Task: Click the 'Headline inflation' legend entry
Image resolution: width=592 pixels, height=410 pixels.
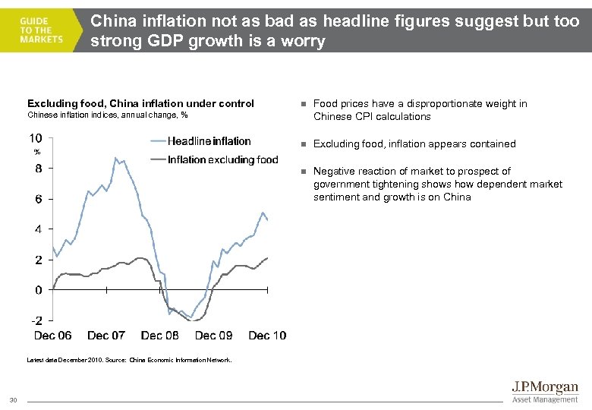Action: (x=209, y=140)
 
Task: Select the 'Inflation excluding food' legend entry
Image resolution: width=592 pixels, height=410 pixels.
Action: (x=223, y=159)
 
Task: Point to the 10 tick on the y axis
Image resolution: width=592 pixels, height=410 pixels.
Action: (x=36, y=138)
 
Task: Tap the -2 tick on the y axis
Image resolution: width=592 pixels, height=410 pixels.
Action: (x=36, y=320)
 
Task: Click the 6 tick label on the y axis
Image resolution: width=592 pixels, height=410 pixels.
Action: (x=39, y=199)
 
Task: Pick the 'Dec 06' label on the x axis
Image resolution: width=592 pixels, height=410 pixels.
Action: (x=53, y=335)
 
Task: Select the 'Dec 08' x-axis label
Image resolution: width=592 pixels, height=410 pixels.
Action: (x=160, y=335)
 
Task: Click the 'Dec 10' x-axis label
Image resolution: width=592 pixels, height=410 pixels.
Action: (x=267, y=335)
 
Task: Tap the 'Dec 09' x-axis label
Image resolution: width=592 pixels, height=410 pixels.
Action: (x=214, y=335)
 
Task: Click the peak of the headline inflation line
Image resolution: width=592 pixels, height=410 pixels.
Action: (x=115, y=158)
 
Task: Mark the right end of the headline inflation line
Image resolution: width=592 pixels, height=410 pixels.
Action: (x=268, y=220)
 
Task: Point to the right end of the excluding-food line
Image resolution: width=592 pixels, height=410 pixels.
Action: (x=268, y=258)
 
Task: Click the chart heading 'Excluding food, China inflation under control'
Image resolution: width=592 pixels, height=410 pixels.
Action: (x=140, y=103)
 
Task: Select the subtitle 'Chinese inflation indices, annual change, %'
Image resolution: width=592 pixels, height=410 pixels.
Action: (x=107, y=115)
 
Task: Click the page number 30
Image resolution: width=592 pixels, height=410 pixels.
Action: (x=13, y=400)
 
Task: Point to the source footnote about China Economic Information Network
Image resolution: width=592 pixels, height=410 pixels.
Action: (x=129, y=360)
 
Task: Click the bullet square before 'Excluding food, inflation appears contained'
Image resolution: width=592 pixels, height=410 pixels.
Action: (x=301, y=144)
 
